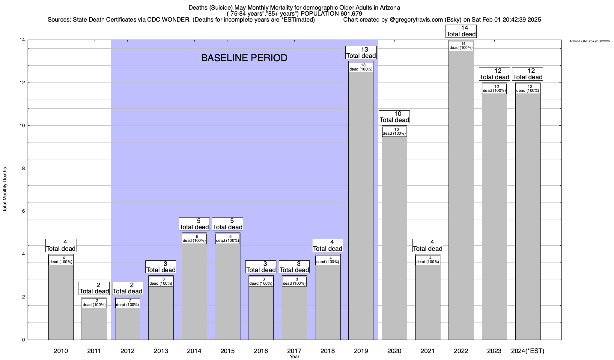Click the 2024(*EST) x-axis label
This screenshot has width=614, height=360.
(528, 351)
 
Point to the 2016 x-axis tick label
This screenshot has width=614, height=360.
(261, 351)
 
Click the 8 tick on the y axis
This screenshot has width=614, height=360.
(23, 168)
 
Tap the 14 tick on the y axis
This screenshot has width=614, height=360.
(22, 40)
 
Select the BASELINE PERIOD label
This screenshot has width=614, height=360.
(244, 58)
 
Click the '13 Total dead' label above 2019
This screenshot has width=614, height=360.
(361, 52)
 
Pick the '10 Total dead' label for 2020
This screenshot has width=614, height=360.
(394, 117)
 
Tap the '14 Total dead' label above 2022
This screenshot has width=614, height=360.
(461, 31)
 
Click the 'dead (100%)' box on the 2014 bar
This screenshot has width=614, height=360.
(194, 238)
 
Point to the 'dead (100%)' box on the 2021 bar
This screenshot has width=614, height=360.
(428, 260)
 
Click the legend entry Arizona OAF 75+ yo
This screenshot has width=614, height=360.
(584, 41)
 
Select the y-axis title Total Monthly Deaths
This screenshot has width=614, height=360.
(5, 190)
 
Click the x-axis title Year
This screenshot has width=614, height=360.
(294, 357)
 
